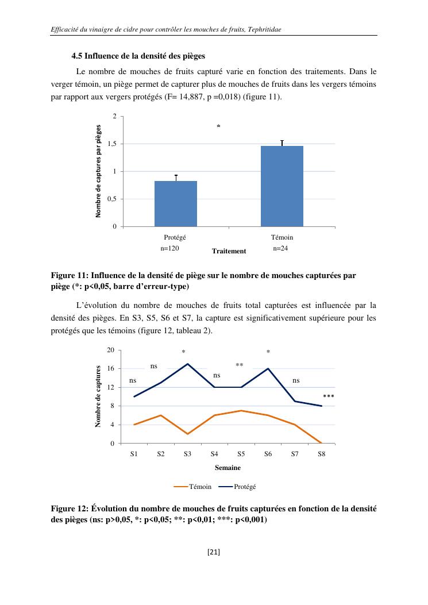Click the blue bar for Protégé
(x=176, y=203)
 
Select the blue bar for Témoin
(x=282, y=186)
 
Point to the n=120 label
(x=170, y=249)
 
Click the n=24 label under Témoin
(x=280, y=249)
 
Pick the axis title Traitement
(x=229, y=251)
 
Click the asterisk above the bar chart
(x=218, y=126)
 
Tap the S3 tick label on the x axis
(x=187, y=453)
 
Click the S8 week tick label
(x=321, y=453)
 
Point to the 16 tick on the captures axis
(x=111, y=368)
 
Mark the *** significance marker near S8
(x=329, y=396)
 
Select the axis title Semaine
(x=228, y=468)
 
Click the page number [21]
(x=214, y=553)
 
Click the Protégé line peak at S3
(x=187, y=364)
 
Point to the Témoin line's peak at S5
(x=241, y=411)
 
